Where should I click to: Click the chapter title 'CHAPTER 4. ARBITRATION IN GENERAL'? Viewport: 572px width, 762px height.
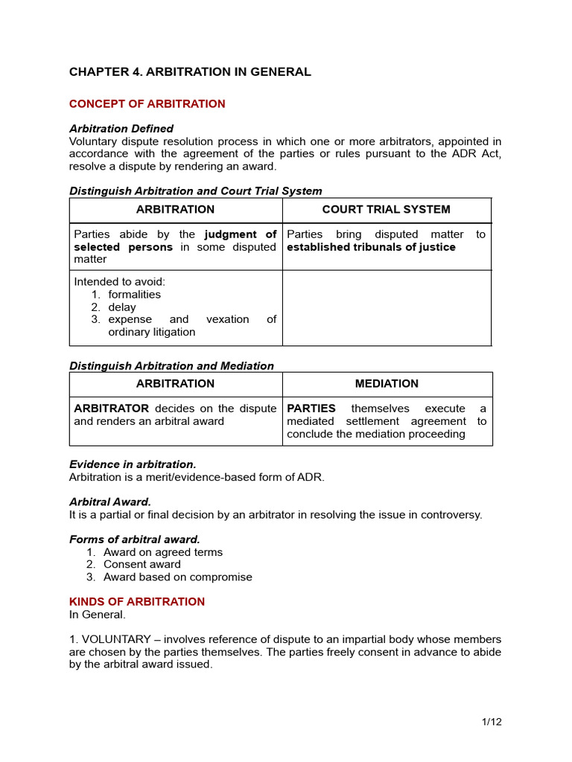[190, 72]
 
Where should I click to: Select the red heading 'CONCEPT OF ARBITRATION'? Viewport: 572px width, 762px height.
[147, 104]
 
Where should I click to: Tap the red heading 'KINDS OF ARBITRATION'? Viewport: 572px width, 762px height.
[136, 601]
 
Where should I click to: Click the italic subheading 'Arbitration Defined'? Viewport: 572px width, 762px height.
[121, 129]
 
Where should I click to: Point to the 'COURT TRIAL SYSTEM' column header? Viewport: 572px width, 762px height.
[386, 210]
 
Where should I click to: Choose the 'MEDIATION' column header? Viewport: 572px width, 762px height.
[387, 384]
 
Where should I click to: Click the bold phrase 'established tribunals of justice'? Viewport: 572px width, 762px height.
[371, 247]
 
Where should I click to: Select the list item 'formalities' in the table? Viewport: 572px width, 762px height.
[134, 295]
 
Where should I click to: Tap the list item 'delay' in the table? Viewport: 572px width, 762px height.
[122, 307]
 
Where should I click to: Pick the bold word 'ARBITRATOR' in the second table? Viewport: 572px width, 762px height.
[111, 409]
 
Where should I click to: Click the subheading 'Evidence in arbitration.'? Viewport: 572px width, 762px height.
[133, 464]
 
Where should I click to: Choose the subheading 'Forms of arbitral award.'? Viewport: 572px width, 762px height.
[134, 539]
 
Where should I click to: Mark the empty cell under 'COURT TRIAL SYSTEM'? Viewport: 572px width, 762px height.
[386, 307]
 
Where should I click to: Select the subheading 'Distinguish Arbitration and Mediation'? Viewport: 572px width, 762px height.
[171, 365]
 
